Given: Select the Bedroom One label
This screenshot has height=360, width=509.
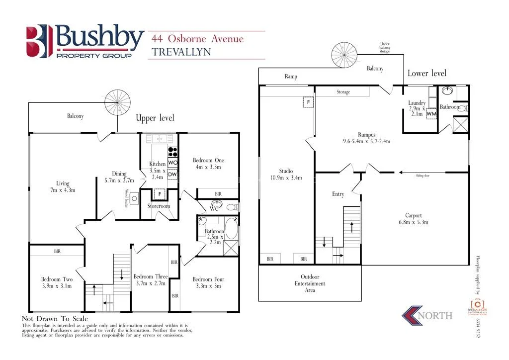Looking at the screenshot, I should tap(208, 160).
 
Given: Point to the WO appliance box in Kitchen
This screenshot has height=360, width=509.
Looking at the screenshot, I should tap(173, 163).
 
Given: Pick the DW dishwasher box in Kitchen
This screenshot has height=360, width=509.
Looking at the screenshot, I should tap(172, 174).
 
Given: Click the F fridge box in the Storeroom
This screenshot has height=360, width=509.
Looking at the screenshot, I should tap(160, 194).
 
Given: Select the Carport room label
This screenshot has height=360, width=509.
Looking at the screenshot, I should tap(414, 215).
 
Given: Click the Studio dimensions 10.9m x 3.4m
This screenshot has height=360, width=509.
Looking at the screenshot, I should tap(286, 178).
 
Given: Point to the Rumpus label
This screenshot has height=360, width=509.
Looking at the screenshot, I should tap(366, 134).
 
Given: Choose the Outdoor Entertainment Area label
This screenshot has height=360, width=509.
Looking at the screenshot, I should tap(310, 283).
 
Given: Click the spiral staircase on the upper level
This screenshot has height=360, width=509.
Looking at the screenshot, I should tap(117, 102).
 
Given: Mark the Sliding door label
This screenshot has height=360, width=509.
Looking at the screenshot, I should tap(423, 175).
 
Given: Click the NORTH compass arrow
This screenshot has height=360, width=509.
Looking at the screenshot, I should tap(413, 315).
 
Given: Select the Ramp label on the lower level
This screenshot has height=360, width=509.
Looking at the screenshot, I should tap(291, 77).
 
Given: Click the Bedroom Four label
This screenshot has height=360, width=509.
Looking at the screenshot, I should tap(208, 279).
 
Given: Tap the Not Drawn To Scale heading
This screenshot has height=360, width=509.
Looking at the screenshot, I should tap(55, 319).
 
